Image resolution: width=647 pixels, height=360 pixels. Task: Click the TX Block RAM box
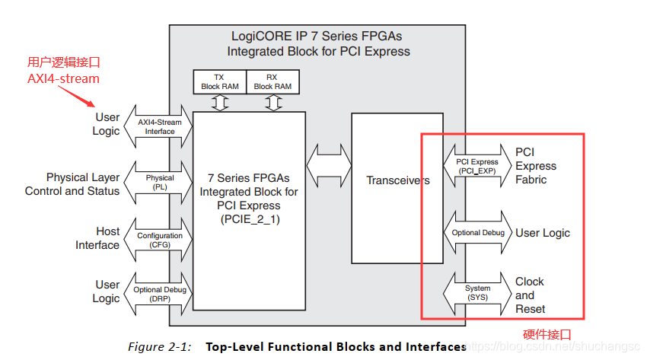coord(220,81)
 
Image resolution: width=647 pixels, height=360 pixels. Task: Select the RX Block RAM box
coord(273,81)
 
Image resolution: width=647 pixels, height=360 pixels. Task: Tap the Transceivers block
coord(397,180)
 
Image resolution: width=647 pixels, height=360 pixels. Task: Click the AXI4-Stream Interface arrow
coord(160,126)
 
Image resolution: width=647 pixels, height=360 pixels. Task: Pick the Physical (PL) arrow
coord(160,183)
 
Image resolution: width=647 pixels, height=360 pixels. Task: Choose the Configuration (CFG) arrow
coord(160,241)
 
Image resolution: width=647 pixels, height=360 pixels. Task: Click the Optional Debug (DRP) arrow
coord(160,295)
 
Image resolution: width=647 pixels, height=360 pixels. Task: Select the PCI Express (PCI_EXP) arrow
coord(477,167)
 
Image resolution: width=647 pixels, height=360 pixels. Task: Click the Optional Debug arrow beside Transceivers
coord(477,233)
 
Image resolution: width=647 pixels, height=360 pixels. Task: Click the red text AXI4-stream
coord(63,78)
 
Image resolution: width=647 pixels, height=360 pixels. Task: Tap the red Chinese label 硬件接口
coord(547,334)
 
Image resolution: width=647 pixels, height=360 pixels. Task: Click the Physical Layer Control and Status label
coord(73,184)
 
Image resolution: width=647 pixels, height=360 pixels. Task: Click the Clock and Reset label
coord(531,295)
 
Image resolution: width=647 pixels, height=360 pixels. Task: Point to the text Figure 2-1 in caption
coord(160,347)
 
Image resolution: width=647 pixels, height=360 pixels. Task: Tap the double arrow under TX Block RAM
coord(220,103)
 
